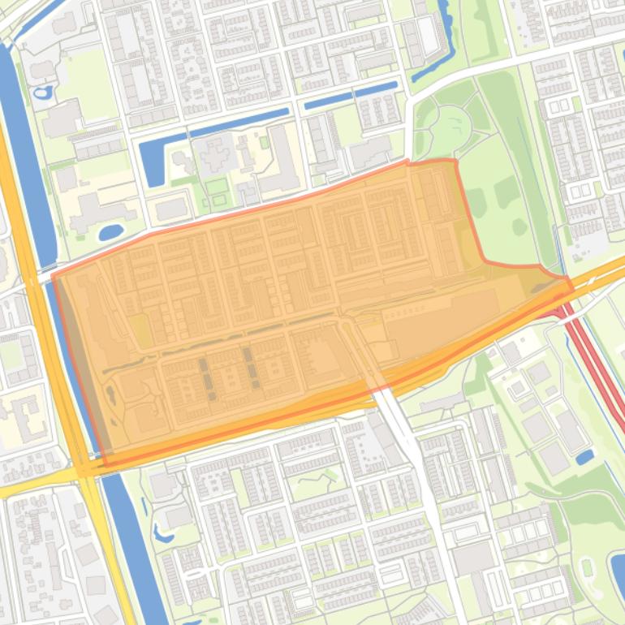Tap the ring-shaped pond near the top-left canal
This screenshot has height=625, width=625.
[x=43, y=92]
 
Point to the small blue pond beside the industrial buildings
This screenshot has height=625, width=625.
[x=584, y=457]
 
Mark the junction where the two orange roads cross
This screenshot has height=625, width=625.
[x=85, y=469]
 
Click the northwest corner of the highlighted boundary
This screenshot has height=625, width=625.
[x=54, y=276]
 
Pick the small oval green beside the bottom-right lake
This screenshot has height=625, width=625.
[x=586, y=567]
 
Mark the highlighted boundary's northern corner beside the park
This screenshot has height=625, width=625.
[x=453, y=162]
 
